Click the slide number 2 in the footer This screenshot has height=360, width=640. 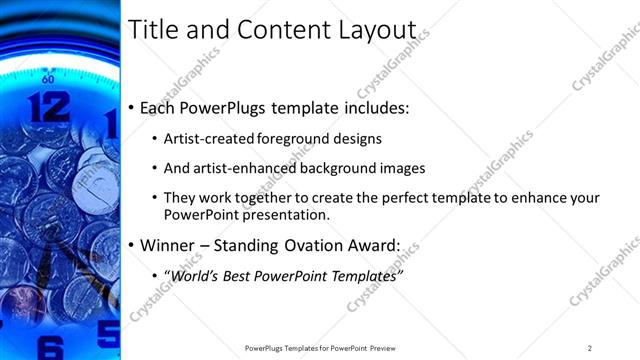[x=590, y=347]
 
